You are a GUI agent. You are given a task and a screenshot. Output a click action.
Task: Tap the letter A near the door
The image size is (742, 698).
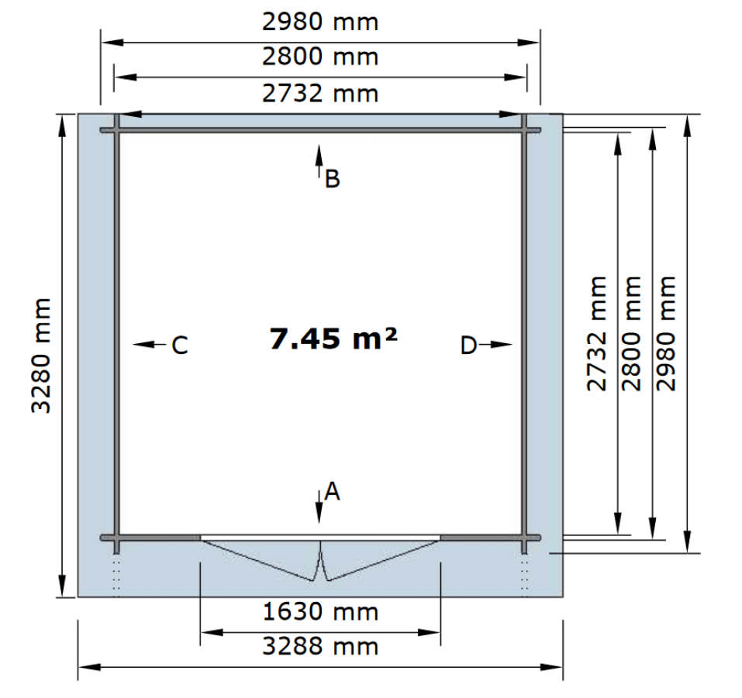(x=332, y=491)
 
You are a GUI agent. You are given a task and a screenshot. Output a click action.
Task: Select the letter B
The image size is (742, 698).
(x=332, y=179)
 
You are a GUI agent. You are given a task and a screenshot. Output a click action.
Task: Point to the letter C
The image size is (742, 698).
(x=180, y=346)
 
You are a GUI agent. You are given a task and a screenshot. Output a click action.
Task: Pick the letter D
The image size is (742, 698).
(x=468, y=346)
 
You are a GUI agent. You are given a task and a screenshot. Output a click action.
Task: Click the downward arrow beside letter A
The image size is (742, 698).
(x=319, y=506)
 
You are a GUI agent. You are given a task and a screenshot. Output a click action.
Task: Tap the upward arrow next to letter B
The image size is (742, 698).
(x=319, y=161)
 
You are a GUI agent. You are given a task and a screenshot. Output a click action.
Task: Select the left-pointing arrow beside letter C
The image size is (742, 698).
(x=150, y=344)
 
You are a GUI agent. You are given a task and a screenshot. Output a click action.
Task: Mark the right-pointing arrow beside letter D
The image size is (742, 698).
(x=495, y=344)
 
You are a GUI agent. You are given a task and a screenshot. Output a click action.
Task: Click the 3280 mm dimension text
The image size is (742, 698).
(x=41, y=356)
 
